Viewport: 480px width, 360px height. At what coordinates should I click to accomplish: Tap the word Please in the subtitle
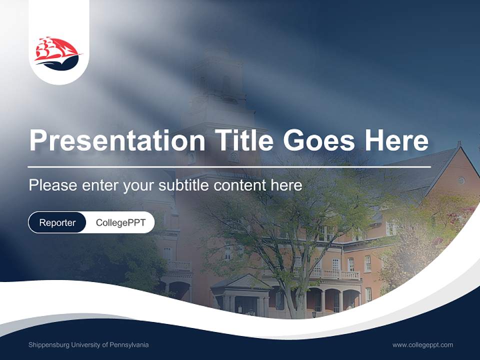[x=52, y=185]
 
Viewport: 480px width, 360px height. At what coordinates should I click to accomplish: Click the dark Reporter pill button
[x=57, y=222]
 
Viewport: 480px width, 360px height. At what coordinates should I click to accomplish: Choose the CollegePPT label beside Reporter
[x=120, y=222]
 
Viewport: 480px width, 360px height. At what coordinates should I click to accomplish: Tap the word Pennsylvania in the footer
[x=130, y=345]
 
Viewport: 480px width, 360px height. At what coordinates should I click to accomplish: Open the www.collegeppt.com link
[x=422, y=345]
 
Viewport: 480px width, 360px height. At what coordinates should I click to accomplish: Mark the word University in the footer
[x=87, y=345]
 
